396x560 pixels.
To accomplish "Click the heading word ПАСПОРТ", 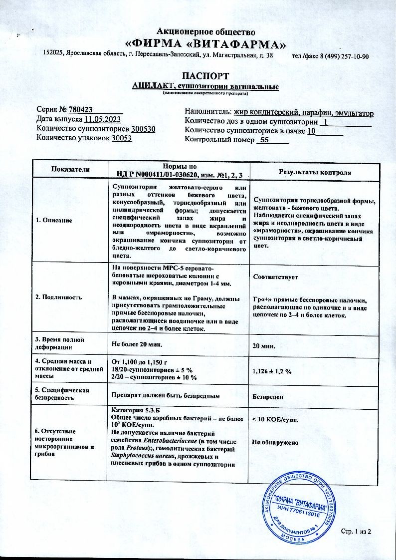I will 205,76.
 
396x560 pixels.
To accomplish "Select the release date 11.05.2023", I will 103,119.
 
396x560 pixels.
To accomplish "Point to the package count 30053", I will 122,138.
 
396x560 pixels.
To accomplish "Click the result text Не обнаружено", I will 275,442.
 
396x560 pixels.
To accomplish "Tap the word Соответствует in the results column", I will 275,276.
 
